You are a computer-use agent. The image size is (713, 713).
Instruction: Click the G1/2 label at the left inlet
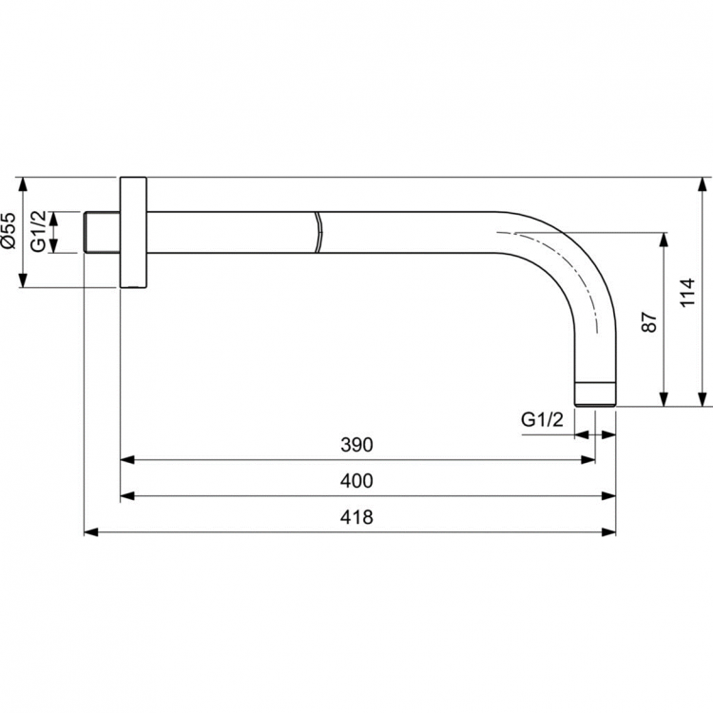(x=38, y=231)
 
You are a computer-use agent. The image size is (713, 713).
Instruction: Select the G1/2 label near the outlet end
(x=543, y=419)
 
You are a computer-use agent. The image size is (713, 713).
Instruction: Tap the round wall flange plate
(x=133, y=232)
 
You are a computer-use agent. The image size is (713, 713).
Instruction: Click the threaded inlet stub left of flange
(x=102, y=232)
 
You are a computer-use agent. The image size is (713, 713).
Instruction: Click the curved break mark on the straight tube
(x=318, y=233)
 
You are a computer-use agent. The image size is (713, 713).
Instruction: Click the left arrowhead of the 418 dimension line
(x=90, y=531)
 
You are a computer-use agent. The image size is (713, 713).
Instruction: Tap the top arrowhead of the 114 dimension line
(x=702, y=183)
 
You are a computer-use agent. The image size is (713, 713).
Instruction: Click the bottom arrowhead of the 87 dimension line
(x=664, y=400)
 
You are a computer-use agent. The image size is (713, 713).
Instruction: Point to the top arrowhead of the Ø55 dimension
(x=24, y=183)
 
